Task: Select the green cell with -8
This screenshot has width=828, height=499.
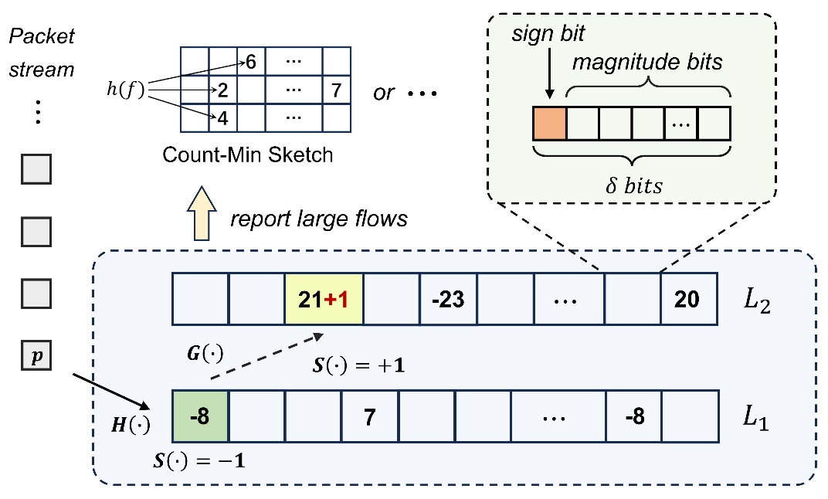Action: pyautogui.click(x=202, y=417)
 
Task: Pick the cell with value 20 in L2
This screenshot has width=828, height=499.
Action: pyautogui.click(x=687, y=298)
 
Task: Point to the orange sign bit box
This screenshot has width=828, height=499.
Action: pyautogui.click(x=550, y=123)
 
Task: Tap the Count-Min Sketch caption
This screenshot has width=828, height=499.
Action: pyautogui.click(x=247, y=154)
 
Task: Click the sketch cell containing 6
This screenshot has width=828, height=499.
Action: pyautogui.click(x=251, y=62)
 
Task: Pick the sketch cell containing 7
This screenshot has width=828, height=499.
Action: pyautogui.click(x=335, y=90)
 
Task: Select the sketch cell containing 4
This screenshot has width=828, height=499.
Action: pyautogui.click(x=222, y=119)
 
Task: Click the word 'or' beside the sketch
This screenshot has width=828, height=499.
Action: pyautogui.click(x=383, y=93)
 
